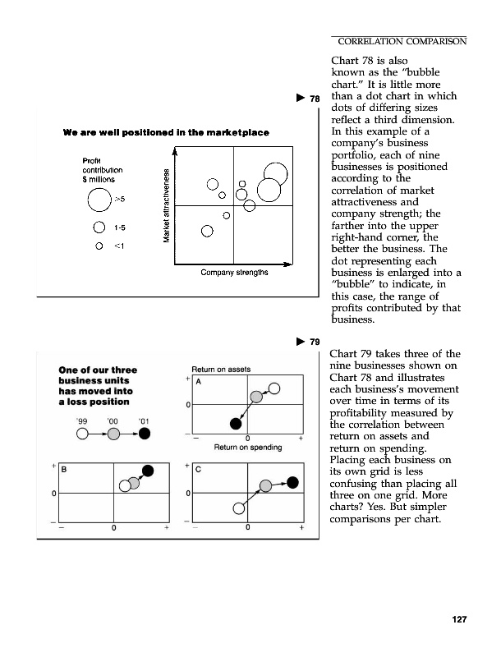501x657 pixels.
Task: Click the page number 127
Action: click(457, 618)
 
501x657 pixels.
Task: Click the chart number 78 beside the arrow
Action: click(313, 100)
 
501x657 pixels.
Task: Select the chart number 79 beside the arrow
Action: click(313, 342)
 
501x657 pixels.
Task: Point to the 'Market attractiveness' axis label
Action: click(168, 205)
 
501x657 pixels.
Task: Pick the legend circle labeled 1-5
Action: click(99, 227)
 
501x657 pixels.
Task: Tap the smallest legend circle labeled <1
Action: click(99, 244)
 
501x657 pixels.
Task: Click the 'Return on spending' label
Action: click(248, 448)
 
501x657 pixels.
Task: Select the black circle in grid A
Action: click(237, 424)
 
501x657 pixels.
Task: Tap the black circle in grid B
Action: click(148, 471)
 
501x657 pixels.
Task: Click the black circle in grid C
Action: click(293, 483)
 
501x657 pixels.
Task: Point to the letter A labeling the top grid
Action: click(198, 382)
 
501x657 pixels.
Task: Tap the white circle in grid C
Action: click(239, 508)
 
